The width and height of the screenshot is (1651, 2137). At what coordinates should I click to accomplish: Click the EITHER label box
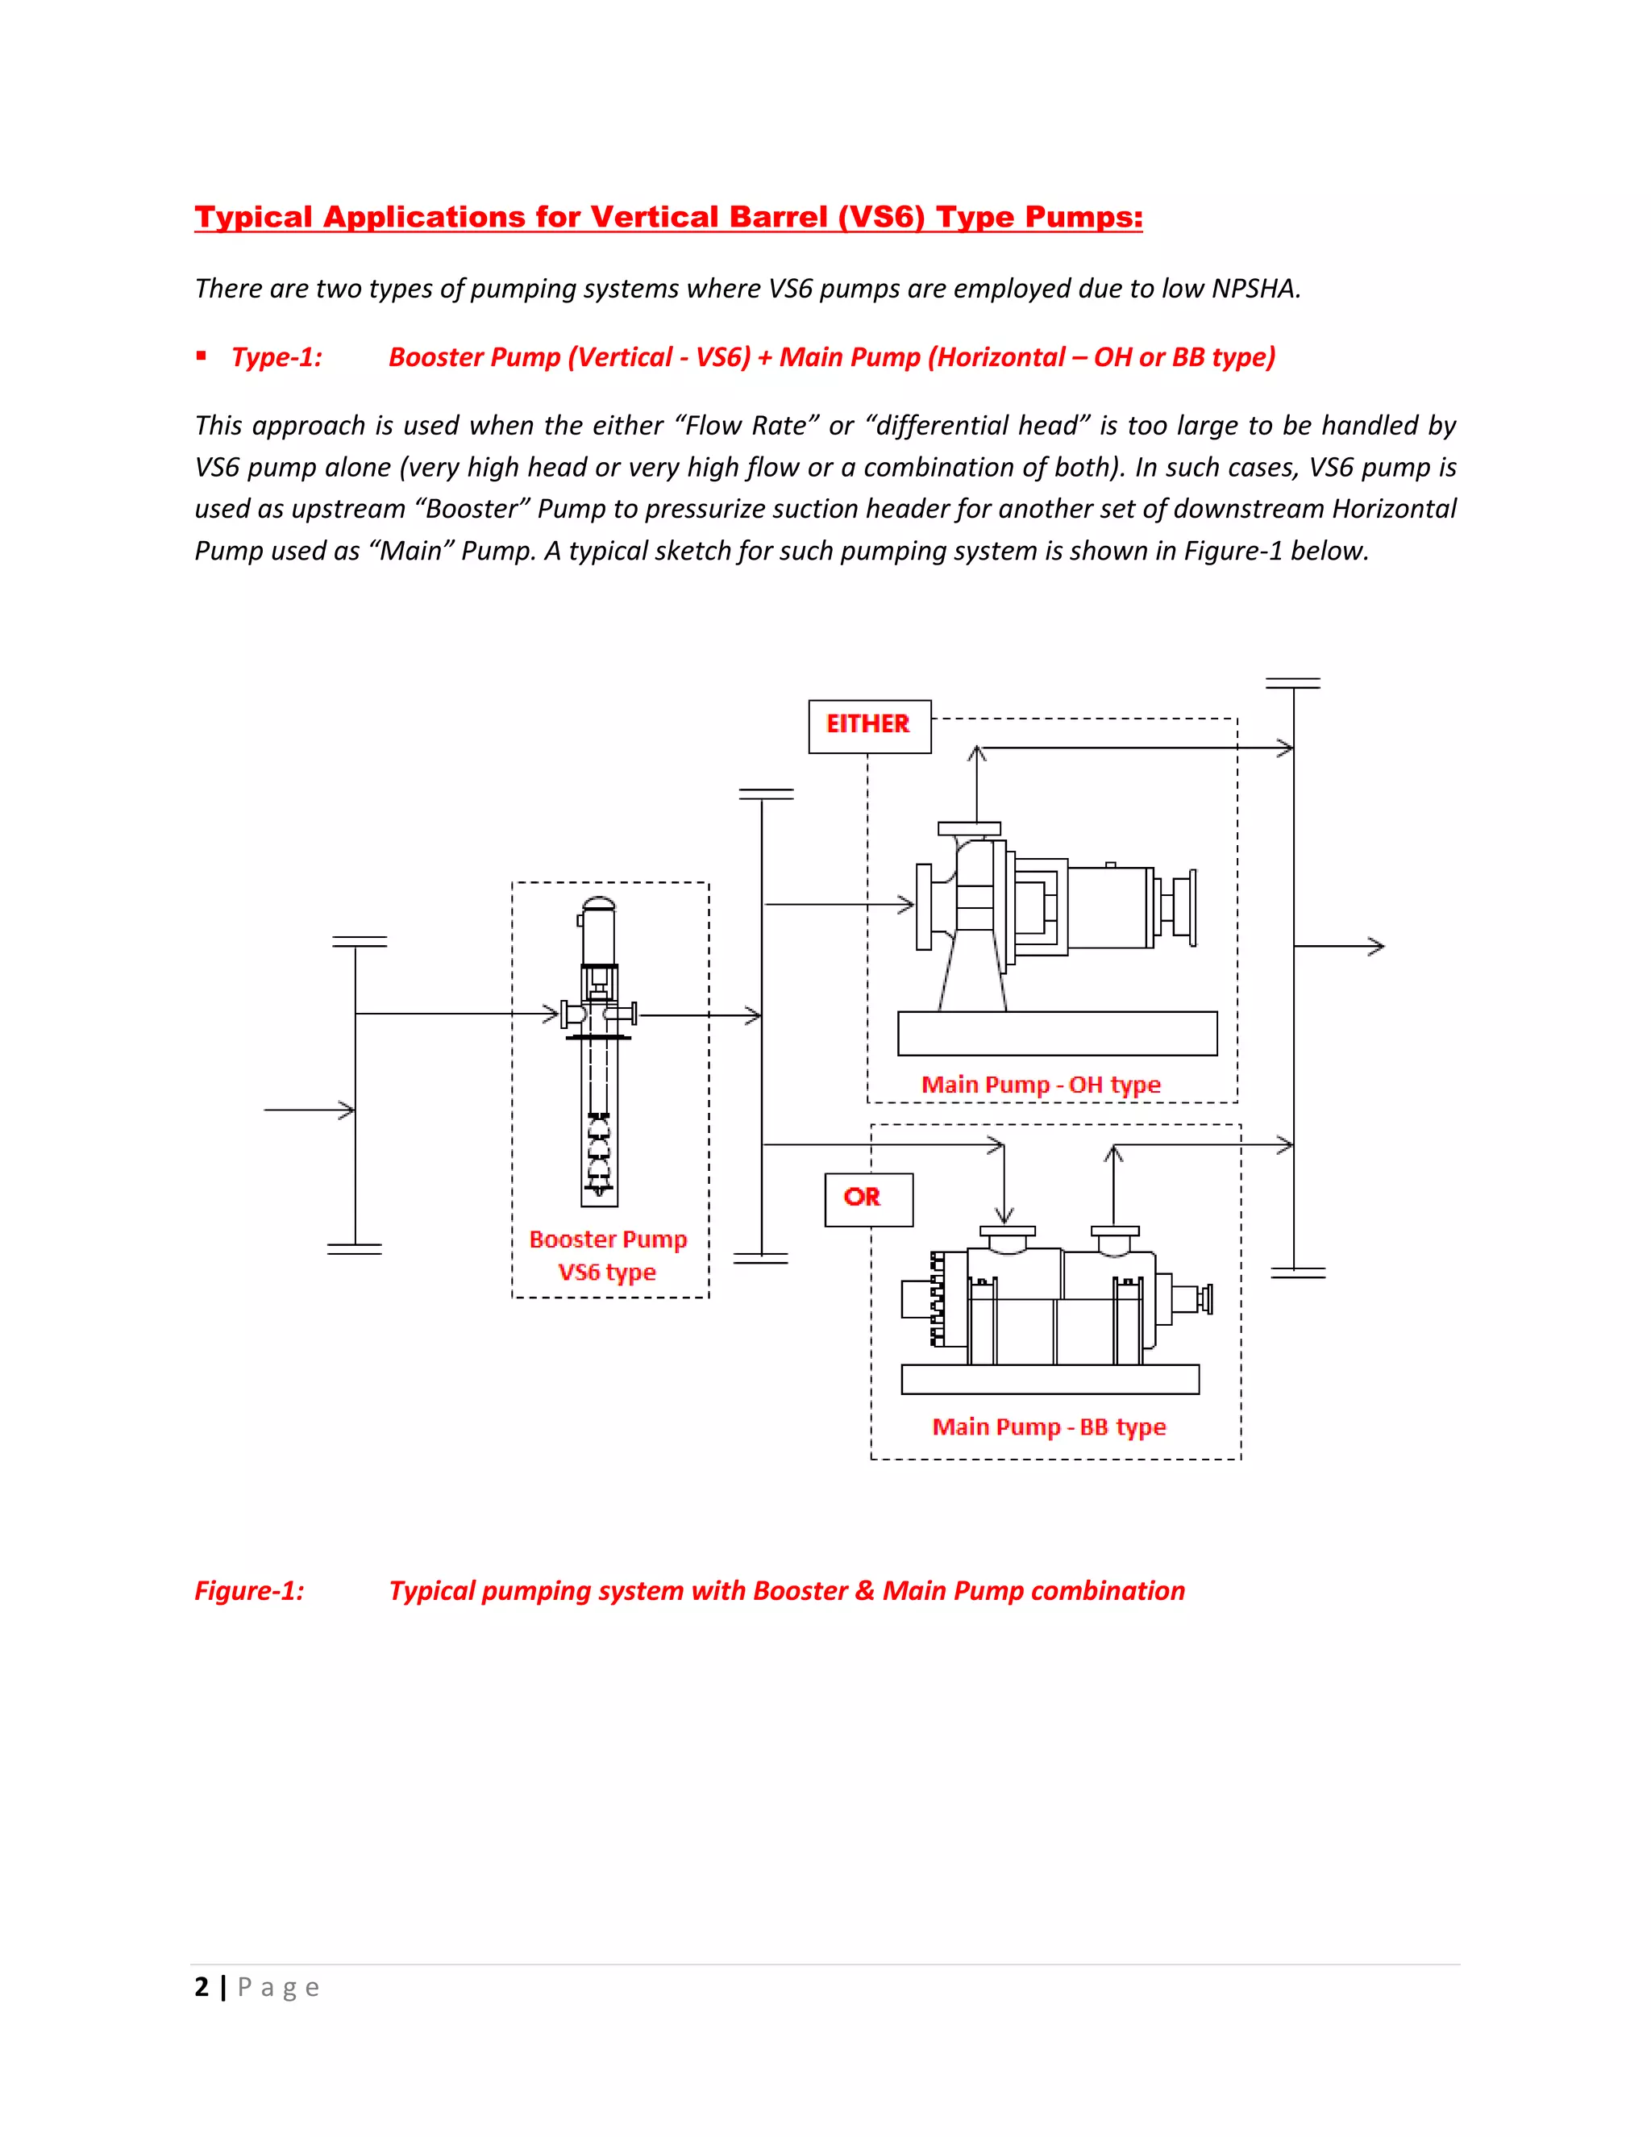[x=868, y=726]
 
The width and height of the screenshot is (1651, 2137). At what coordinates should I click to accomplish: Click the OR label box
[x=867, y=1198]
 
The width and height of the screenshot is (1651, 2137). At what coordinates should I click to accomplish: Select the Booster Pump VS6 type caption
[x=607, y=1256]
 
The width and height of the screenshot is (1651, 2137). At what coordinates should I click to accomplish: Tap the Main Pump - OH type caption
[x=1040, y=1084]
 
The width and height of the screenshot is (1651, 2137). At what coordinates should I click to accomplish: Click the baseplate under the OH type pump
[x=1056, y=1033]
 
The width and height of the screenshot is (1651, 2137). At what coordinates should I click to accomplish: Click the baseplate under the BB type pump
[x=1050, y=1380]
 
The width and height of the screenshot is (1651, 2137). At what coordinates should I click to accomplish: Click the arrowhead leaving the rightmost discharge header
[x=1377, y=946]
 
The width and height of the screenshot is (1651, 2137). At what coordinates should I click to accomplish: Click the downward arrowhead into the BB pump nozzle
[x=1004, y=1215]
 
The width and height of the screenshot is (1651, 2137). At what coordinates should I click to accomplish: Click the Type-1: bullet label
[x=277, y=357]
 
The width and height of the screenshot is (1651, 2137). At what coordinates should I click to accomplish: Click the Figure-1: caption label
[x=249, y=1591]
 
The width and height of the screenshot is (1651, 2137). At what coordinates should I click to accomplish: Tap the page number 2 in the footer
[x=202, y=1987]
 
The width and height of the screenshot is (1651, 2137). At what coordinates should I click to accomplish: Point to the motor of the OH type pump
[x=1110, y=907]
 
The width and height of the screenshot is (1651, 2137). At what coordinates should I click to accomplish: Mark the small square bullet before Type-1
[x=201, y=356]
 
